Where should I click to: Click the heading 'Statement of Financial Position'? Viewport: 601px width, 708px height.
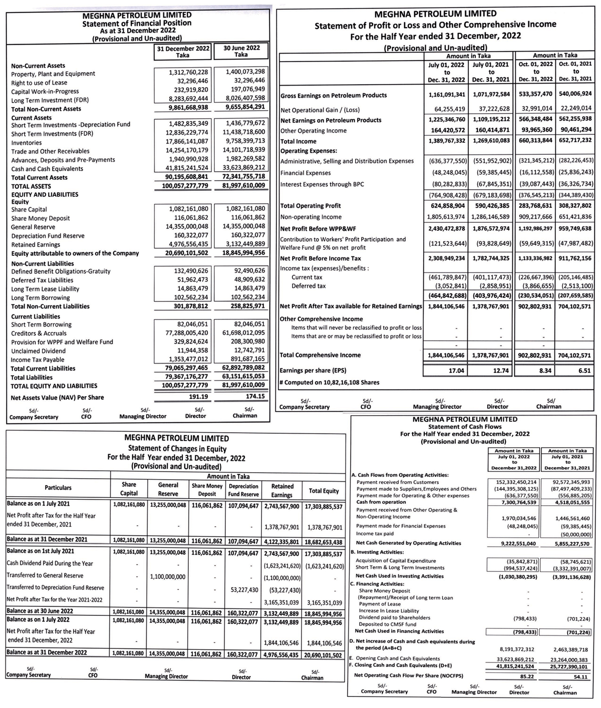point(136,23)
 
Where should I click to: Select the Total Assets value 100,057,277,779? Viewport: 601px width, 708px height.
point(185,186)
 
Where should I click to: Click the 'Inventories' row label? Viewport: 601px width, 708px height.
point(27,143)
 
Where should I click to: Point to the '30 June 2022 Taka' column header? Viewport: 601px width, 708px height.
point(241,52)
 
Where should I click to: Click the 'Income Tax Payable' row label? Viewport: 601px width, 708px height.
point(38,360)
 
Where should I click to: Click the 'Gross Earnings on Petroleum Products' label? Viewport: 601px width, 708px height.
point(334,95)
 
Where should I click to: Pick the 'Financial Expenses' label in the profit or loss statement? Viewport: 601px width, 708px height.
point(306,173)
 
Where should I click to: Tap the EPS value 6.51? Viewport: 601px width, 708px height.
point(584,371)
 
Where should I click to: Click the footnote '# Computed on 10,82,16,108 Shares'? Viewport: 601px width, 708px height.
point(329,383)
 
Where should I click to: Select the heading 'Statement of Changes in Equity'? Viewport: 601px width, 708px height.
point(177,449)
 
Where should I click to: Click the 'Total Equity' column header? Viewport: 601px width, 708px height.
point(324,491)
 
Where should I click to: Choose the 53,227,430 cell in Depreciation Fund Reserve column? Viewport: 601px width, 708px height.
point(243,590)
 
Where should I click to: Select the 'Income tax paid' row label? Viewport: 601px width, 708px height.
point(375,534)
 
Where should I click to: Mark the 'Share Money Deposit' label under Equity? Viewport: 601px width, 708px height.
point(41,218)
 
